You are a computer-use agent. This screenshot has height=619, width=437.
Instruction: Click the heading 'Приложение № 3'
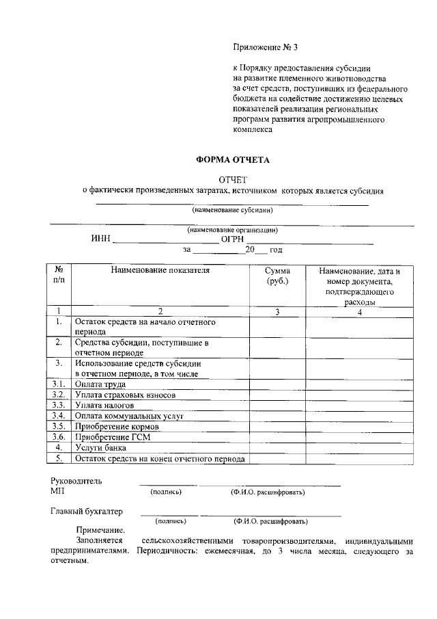point(266,48)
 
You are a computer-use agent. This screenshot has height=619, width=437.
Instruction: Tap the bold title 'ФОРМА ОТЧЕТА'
point(233,160)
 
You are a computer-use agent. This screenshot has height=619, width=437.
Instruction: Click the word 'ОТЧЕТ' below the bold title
point(232,179)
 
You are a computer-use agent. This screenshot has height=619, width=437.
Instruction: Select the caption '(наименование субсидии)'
point(232,210)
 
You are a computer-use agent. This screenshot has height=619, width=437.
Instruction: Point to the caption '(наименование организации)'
point(232,230)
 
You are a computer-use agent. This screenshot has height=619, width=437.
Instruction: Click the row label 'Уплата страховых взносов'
point(126,395)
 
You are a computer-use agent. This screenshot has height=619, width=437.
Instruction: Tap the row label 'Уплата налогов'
point(104,406)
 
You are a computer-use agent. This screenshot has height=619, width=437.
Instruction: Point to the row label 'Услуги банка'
point(100,447)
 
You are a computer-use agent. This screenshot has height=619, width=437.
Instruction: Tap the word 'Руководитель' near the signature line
point(76,481)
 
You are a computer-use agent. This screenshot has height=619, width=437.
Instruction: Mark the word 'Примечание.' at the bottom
point(100,531)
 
